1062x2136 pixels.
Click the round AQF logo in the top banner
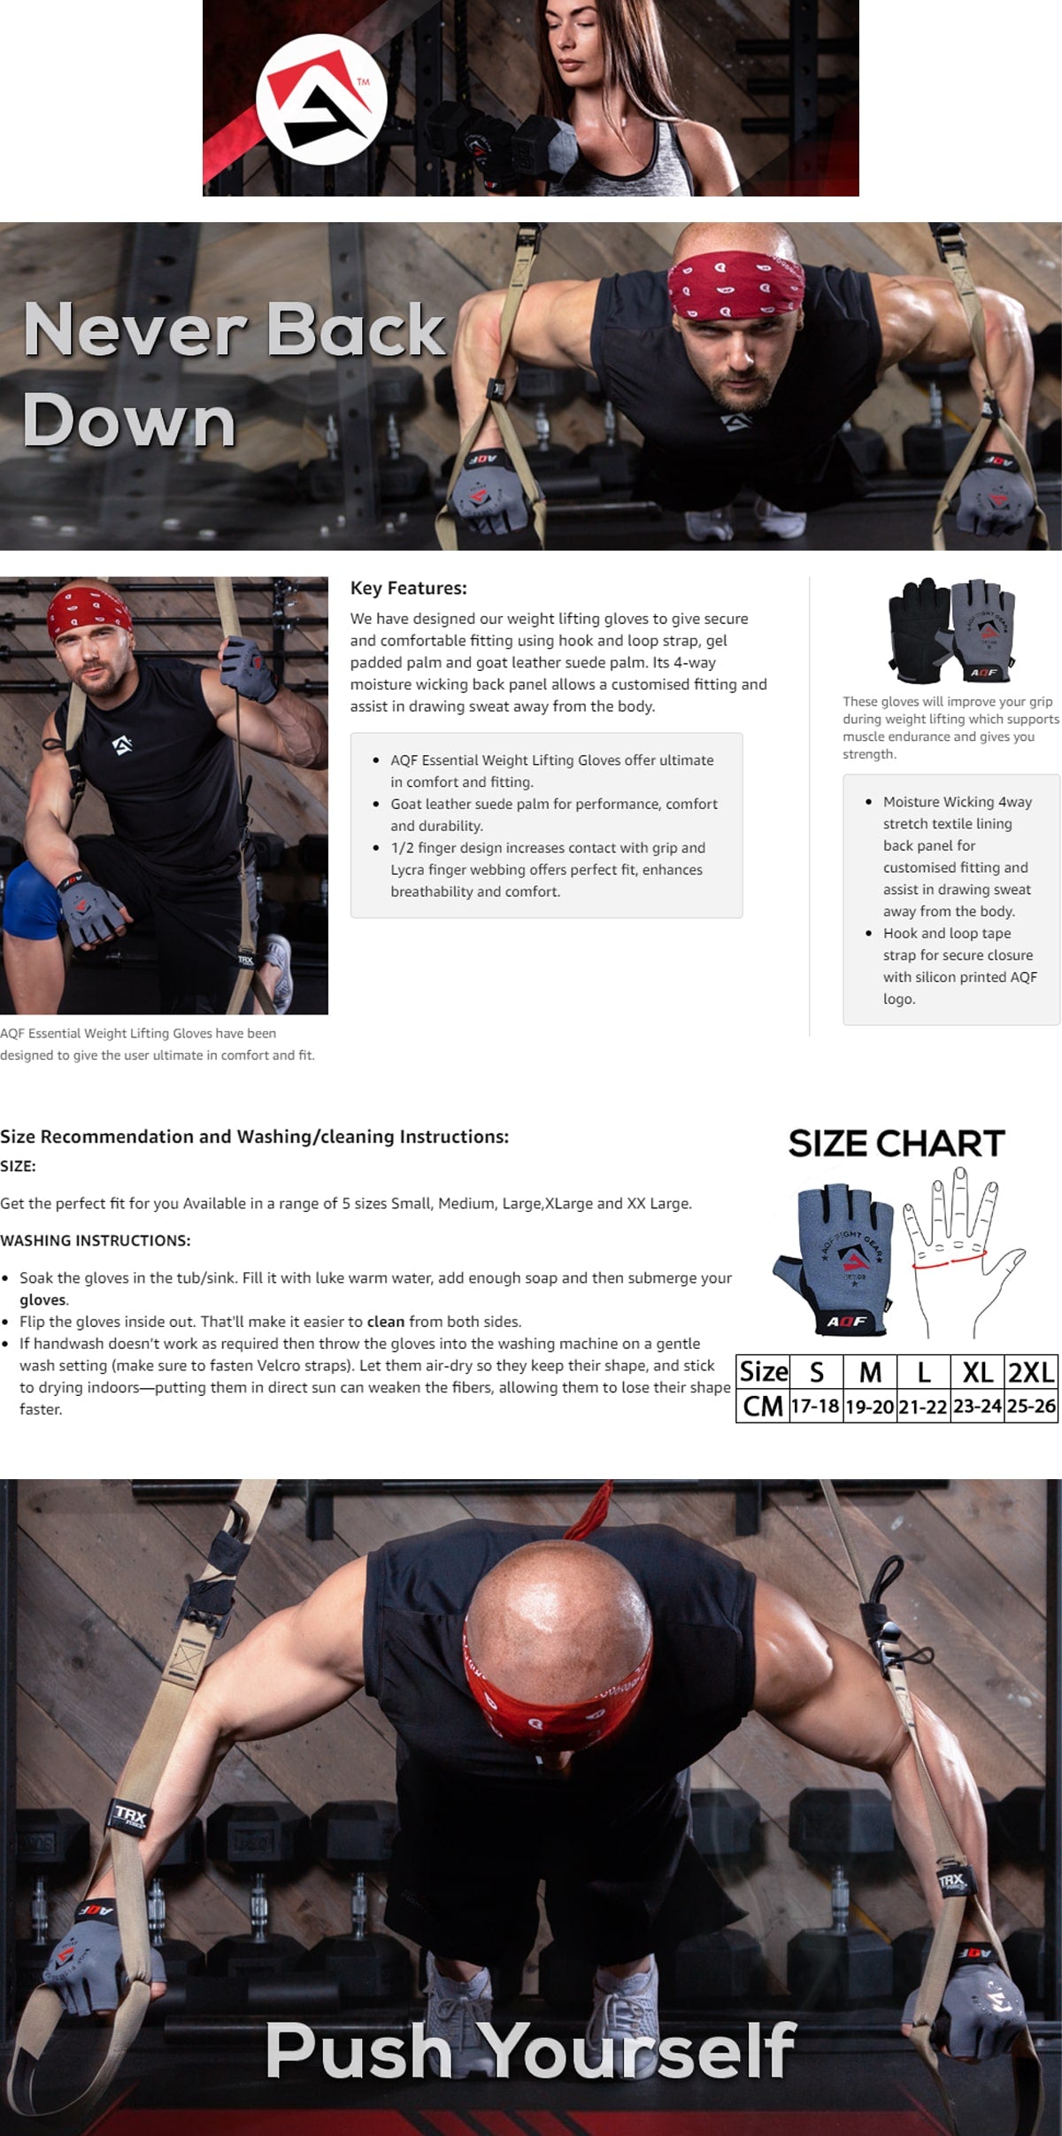point(321,98)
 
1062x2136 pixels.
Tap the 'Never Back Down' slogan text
point(234,374)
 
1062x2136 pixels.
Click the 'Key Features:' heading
point(408,588)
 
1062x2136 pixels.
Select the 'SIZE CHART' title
point(897,1143)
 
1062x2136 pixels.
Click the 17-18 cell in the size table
point(815,1406)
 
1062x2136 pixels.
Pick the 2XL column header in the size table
point(1031,1372)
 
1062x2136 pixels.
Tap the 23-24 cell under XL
point(977,1406)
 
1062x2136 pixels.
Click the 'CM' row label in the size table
point(763,1406)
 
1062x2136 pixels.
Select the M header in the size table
point(870,1372)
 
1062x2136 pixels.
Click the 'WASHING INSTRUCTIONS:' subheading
point(96,1240)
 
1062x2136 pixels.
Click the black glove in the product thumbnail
point(920,629)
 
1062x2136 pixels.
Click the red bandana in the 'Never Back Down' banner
point(735,284)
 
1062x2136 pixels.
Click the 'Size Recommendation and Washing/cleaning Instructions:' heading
point(255,1137)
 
